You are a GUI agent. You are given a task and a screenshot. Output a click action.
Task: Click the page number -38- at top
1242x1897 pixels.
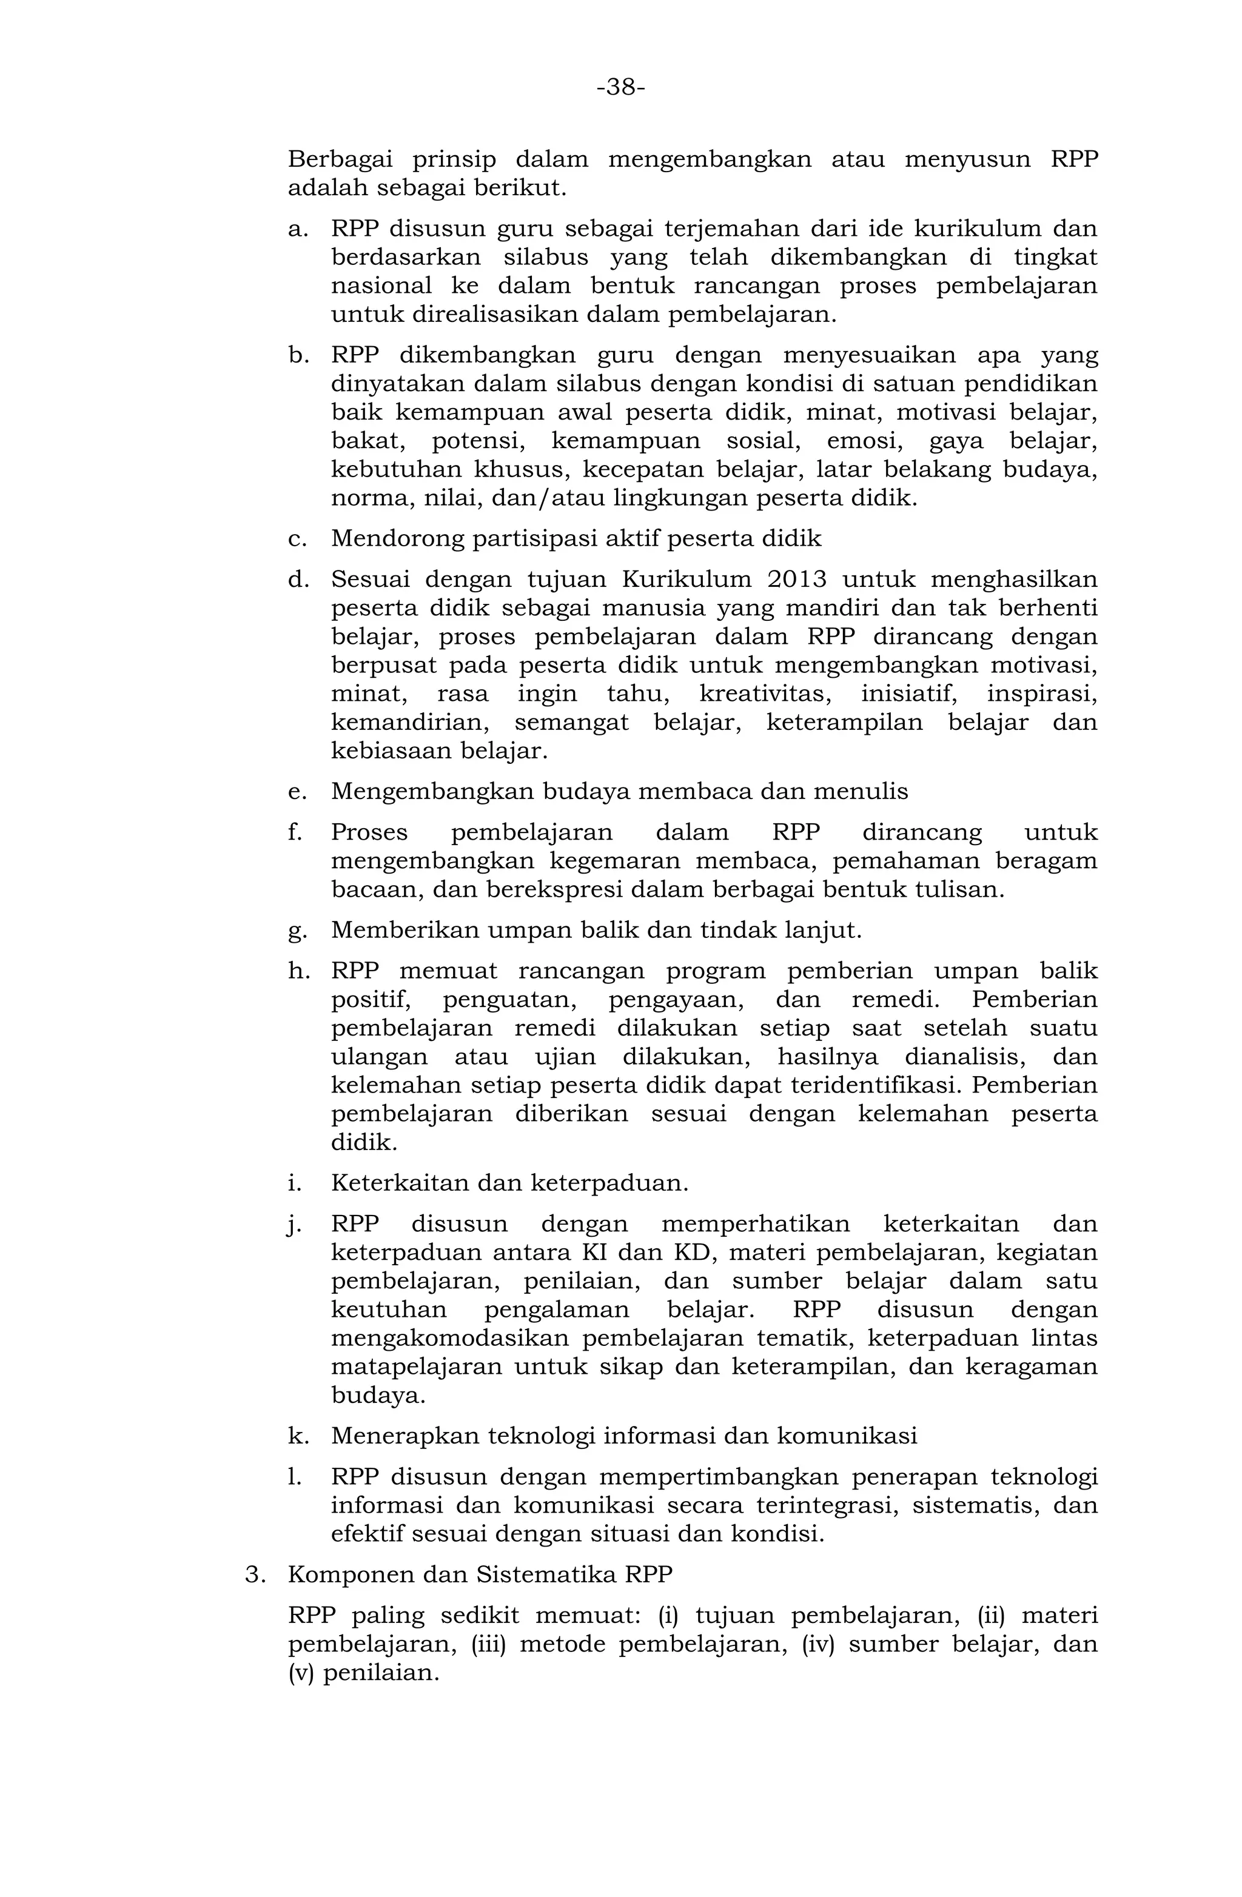tap(620, 87)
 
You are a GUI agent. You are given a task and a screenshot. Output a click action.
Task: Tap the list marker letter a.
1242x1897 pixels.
tap(297, 230)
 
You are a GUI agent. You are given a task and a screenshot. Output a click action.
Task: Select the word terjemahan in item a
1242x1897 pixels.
tap(720, 230)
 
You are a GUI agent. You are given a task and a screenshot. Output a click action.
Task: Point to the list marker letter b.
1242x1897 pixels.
tap(297, 355)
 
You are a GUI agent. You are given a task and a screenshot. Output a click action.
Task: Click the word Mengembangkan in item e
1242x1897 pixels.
tap(431, 792)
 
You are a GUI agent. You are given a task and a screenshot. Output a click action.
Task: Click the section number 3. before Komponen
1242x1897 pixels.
tap(253, 1575)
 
